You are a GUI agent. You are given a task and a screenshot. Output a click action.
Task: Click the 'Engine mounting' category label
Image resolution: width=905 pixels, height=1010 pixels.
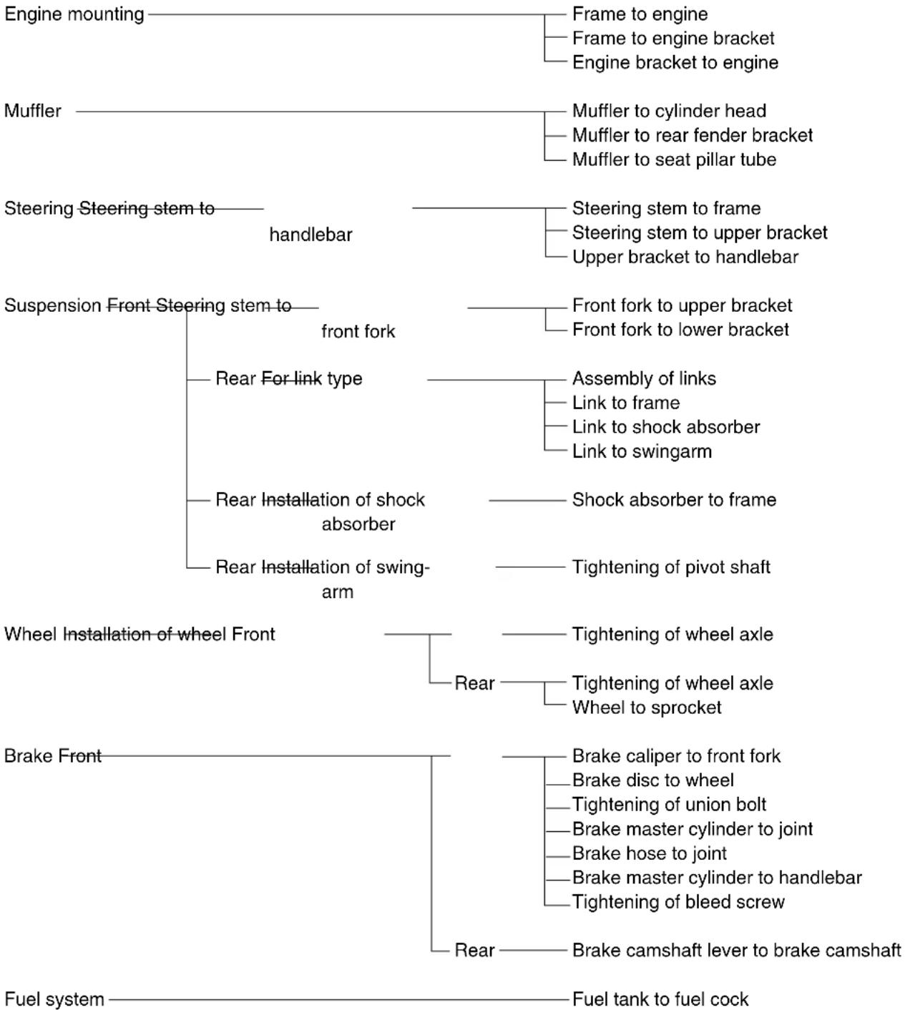[74, 15]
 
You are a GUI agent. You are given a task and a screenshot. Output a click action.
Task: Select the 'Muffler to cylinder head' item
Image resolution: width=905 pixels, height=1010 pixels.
[669, 111]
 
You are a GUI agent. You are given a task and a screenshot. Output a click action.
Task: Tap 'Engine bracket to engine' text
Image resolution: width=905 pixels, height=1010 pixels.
[675, 63]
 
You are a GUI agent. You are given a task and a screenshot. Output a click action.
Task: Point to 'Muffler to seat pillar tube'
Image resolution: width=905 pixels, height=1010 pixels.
[674, 160]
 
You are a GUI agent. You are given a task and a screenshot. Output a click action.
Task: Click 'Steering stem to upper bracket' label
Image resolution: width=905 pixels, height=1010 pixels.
[699, 232]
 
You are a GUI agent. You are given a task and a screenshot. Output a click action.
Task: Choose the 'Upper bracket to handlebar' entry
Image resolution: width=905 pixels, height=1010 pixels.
[685, 257]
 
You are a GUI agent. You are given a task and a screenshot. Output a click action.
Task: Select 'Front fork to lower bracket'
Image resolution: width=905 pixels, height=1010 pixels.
[680, 330]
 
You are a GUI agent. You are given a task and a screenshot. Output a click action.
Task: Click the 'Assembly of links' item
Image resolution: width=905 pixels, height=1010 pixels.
[644, 378]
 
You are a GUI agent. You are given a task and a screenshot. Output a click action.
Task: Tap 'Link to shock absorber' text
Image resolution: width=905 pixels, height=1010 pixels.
[665, 427]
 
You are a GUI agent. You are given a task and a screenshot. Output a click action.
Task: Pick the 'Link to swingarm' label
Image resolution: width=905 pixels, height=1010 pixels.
[642, 451]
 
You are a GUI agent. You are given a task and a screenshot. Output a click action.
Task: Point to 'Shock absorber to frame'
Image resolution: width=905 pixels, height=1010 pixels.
[674, 499]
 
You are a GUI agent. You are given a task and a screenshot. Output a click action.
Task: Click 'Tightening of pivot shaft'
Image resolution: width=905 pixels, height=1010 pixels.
[670, 567]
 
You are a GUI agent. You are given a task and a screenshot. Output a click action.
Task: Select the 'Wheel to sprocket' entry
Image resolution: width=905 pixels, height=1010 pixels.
[646, 707]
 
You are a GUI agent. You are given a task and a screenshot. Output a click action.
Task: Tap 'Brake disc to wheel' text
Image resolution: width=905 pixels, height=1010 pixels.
[652, 780]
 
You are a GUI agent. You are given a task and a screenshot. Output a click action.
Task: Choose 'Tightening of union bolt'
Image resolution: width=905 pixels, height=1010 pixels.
[669, 805]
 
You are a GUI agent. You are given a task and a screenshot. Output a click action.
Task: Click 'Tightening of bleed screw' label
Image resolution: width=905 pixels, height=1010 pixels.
[678, 902]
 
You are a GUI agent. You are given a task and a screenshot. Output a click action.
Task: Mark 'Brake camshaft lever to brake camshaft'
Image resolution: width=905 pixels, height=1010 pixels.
[736, 950]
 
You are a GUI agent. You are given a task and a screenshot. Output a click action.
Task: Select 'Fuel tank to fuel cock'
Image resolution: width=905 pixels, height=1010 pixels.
[660, 999]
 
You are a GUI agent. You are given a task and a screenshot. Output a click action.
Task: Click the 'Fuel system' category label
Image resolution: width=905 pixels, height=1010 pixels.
[54, 999]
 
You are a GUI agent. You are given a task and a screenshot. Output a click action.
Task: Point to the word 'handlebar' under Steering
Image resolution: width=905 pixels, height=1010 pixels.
[310, 235]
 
